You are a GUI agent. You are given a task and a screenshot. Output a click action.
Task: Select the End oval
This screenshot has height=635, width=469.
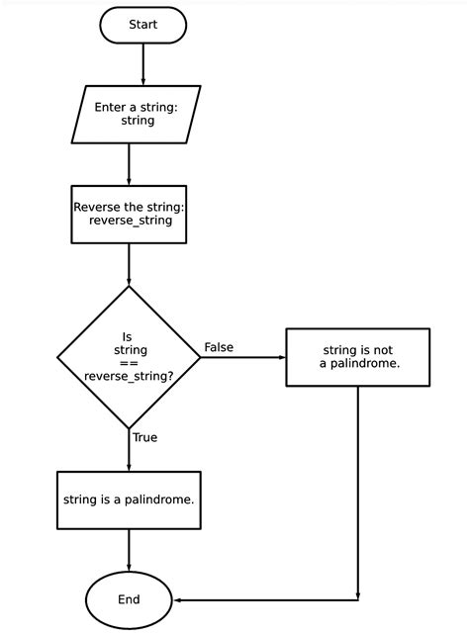(129, 599)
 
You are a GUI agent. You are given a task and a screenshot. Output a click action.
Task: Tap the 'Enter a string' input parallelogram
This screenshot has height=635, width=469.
(138, 113)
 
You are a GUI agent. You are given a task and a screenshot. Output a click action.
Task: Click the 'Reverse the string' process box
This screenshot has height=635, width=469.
(129, 214)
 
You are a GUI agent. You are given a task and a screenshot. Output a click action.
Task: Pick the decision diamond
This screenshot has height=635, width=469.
(129, 357)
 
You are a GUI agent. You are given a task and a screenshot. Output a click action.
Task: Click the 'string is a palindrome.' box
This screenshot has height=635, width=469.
(129, 499)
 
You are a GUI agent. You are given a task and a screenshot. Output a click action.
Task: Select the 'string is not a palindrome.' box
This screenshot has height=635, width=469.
(358, 357)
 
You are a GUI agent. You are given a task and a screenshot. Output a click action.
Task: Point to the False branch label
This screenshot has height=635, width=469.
(219, 346)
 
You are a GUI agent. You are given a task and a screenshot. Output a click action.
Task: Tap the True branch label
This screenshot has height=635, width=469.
(144, 436)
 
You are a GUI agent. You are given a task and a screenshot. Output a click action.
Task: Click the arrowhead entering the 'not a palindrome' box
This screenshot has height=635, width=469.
(280, 357)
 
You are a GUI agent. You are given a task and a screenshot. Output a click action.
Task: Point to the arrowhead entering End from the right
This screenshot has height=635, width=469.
(177, 599)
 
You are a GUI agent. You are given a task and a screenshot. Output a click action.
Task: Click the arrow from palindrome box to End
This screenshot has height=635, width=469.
(129, 550)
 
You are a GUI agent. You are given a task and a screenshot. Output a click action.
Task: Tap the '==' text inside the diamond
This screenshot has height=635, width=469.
(129, 363)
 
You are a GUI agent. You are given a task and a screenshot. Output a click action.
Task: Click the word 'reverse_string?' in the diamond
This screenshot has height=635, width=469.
(129, 377)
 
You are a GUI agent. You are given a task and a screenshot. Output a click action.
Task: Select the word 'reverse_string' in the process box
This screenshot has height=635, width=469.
(129, 221)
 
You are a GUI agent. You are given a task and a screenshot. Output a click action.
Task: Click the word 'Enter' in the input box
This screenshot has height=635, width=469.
(113, 106)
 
